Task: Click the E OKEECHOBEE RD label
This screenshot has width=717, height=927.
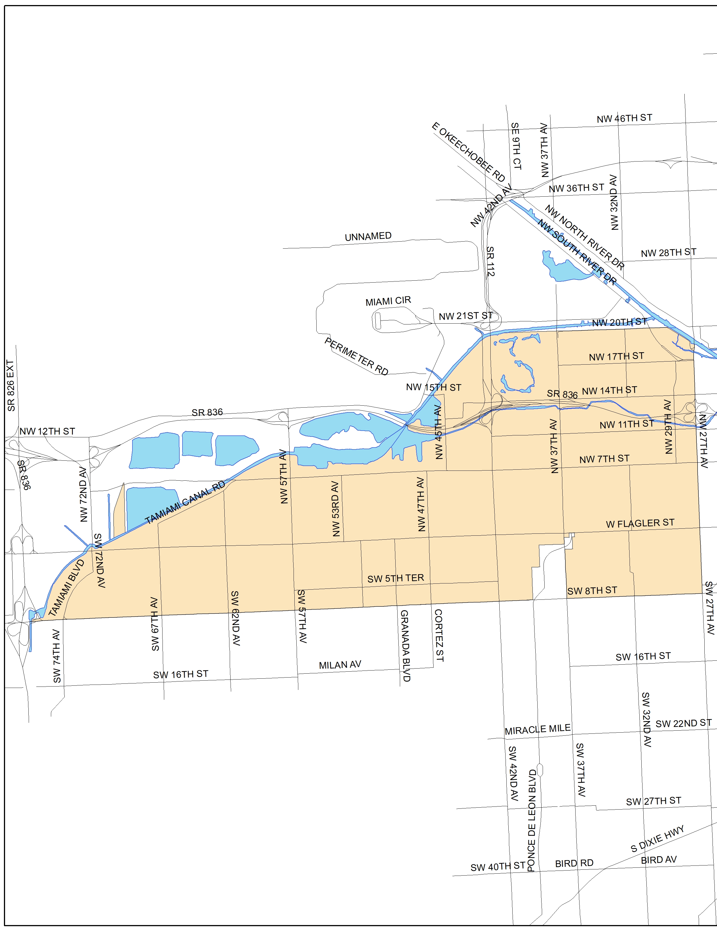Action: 468,152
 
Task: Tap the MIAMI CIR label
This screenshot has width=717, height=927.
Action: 388,301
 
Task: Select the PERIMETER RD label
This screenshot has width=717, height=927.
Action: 356,356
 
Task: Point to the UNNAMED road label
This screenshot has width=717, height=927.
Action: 368,237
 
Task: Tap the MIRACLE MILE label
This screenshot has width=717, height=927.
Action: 537,729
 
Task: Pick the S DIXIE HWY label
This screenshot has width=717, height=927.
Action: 657,839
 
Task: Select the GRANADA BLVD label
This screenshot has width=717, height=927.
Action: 405,646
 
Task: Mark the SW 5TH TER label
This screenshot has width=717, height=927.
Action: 395,578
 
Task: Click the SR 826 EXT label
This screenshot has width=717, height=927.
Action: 11,385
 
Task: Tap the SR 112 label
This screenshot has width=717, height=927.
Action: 490,261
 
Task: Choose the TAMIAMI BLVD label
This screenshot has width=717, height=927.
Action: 66,588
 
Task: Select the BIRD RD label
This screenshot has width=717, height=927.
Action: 574,863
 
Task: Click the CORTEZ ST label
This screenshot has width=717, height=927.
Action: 439,635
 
